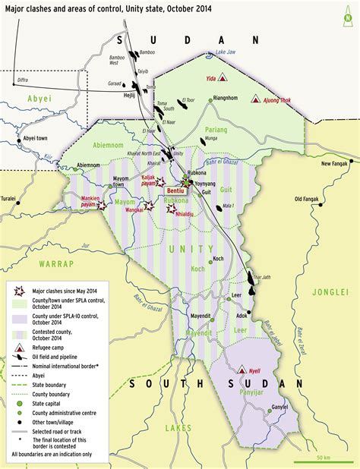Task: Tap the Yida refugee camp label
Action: click(210, 77)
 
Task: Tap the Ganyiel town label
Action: click(279, 407)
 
